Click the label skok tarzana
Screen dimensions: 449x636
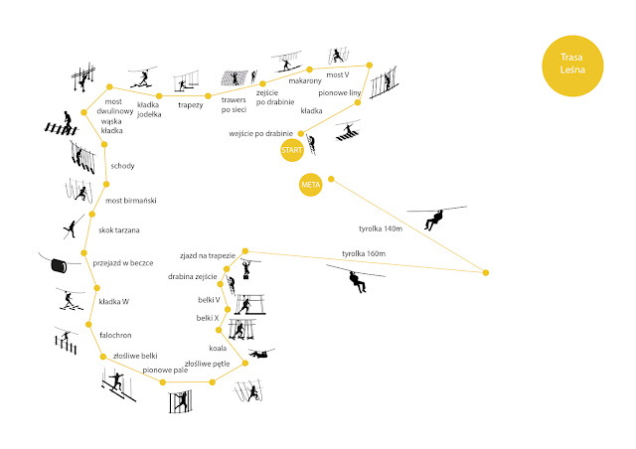coord(119,230)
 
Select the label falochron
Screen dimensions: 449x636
coord(117,335)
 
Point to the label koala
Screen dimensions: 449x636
coord(219,349)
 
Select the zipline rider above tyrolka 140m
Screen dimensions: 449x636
coord(434,220)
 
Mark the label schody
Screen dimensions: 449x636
coord(123,166)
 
